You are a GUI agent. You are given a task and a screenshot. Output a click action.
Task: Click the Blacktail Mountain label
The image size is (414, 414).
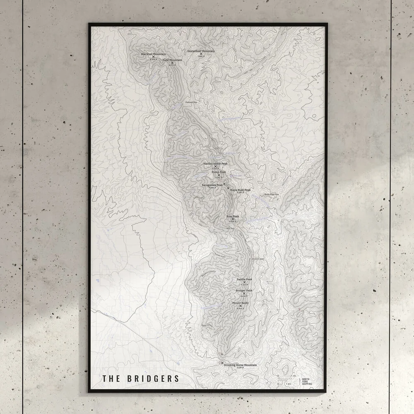153,54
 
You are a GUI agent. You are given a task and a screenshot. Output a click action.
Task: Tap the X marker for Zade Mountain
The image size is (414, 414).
172,63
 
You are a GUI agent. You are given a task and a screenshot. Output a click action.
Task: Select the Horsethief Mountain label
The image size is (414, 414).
201,51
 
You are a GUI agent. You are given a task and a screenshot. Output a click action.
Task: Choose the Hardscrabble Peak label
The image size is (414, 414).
215,164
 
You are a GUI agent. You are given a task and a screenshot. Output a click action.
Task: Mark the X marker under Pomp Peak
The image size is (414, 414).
219,175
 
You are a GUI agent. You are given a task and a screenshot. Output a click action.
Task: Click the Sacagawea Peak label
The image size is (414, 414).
212,185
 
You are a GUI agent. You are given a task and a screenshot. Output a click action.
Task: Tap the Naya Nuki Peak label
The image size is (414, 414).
240,190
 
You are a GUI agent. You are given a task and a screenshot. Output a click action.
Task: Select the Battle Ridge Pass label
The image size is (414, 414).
272,195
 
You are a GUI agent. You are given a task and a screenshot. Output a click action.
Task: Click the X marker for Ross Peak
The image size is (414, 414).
232,219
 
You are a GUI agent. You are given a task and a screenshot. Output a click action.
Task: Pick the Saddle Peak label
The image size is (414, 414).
244,279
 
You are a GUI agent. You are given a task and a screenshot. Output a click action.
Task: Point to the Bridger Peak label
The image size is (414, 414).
244,290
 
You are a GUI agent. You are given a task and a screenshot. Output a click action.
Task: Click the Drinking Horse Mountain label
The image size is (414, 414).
240,365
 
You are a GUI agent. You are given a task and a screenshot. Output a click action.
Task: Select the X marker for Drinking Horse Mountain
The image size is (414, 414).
222,363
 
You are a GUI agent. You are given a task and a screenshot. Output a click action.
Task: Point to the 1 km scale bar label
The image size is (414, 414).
288,384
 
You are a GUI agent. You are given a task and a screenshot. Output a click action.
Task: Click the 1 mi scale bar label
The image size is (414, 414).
293,376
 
